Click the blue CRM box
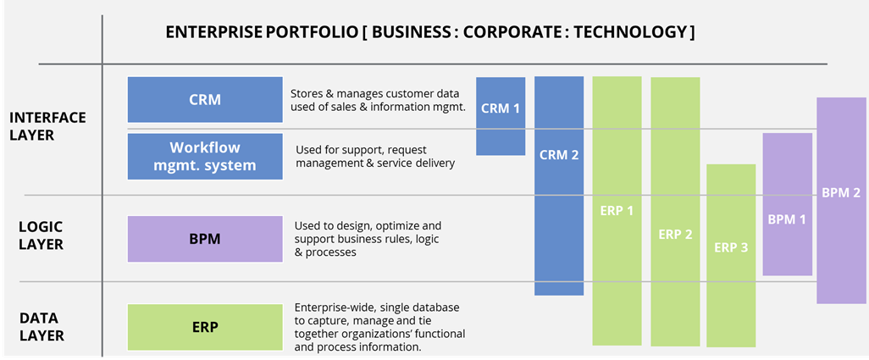[205, 100]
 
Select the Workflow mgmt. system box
[205, 156]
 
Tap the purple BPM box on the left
[205, 239]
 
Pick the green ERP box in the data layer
[205, 327]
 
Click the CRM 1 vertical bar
[501, 116]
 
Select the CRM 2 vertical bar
[559, 186]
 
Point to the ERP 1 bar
[617, 210]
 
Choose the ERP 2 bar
[675, 212]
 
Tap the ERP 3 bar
[731, 255]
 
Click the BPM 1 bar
[788, 204]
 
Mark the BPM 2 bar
[842, 201]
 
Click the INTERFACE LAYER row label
[47, 126]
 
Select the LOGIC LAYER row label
[42, 235]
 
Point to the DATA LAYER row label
[42, 326]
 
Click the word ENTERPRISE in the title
[214, 32]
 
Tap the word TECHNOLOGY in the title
[631, 32]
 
